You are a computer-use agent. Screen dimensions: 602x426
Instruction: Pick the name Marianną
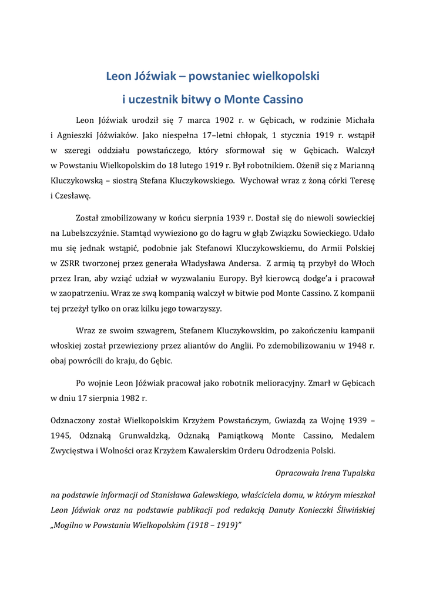(355, 165)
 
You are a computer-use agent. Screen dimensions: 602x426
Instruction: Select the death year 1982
(127, 398)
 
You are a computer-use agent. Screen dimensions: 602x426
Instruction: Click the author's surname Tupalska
(355, 473)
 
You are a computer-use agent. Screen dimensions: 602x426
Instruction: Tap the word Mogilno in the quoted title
(71, 525)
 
